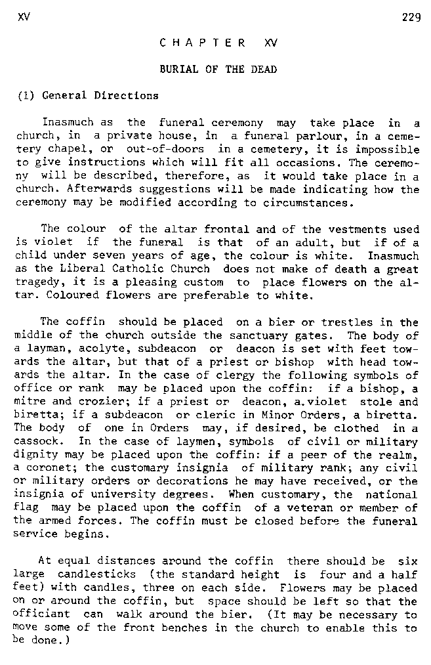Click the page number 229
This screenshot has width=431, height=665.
coord(411,18)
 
